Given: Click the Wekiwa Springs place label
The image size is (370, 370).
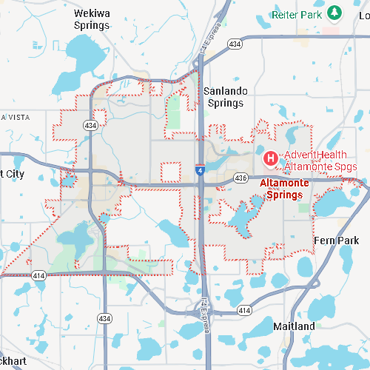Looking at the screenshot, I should coord(92,19).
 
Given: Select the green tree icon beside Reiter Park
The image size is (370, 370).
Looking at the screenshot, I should coord(335,13).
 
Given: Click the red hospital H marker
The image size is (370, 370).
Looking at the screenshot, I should coord(271,158).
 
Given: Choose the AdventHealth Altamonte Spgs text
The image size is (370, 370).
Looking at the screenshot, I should coord(320,161).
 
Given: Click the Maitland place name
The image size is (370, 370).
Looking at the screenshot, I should coord(293,326).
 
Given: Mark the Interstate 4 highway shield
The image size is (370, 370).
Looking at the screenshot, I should coord(201,169).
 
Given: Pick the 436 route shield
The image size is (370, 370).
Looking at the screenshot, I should coord(240,178).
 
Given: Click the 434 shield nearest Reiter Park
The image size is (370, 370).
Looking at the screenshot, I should coord(235,44).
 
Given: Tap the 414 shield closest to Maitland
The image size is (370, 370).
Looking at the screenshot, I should coord(244,311).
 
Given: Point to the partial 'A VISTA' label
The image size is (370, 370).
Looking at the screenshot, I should coord(15,118).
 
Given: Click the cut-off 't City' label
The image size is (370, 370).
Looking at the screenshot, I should coord(12,174).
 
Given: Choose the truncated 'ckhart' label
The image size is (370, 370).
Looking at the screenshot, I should coord(13,360).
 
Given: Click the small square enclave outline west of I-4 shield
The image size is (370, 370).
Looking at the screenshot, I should coord(171,171).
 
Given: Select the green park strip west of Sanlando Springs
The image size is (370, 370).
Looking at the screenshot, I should coord(174,111).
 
